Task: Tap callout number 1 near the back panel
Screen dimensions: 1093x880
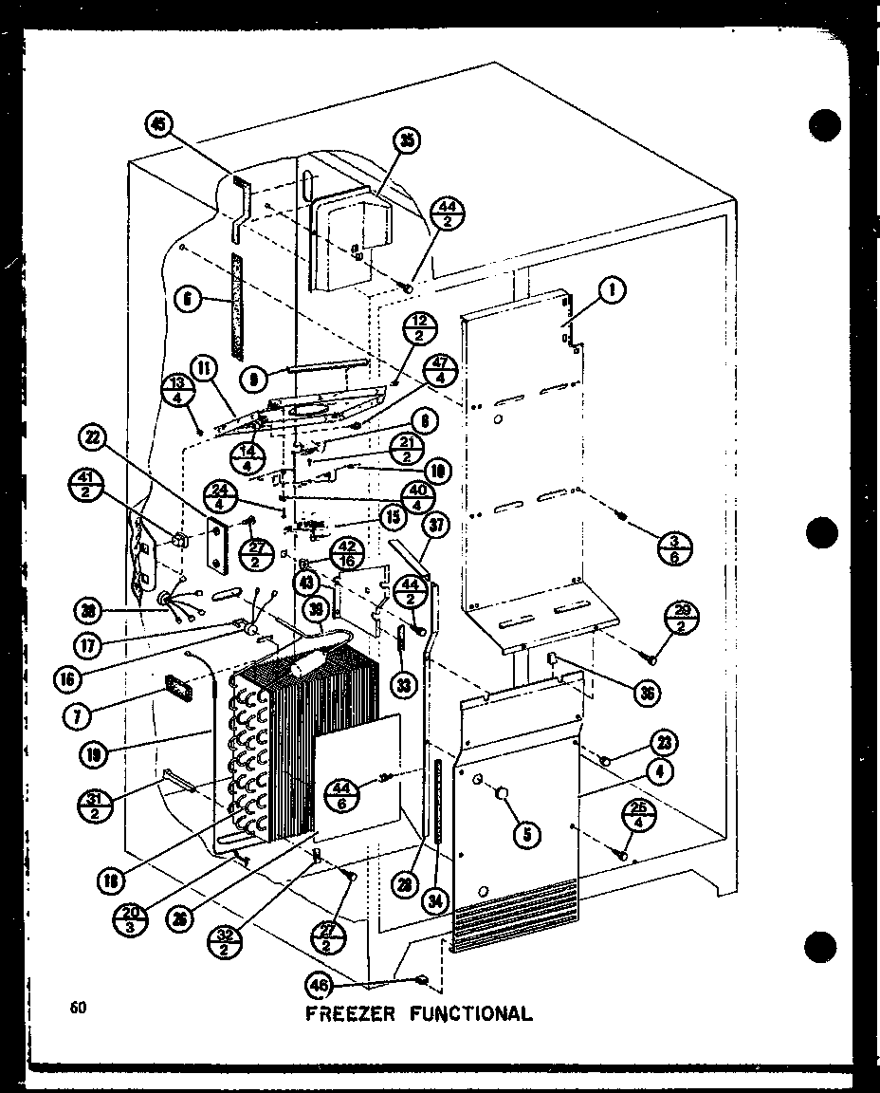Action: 613,294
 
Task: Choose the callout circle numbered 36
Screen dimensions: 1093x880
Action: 648,693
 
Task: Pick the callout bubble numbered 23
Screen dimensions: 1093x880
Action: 661,743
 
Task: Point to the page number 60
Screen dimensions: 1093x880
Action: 78,1008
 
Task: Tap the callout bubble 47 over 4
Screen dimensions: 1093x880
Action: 441,370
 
